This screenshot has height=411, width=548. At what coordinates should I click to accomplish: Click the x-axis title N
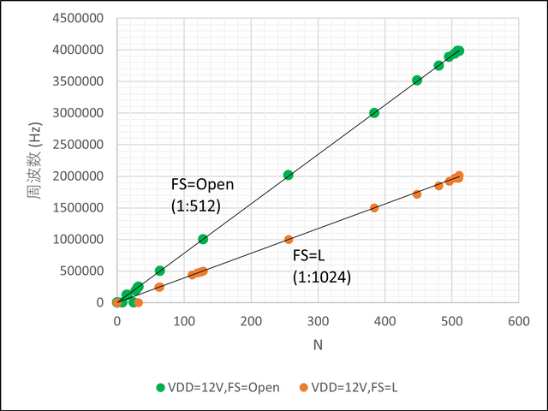click(x=318, y=344)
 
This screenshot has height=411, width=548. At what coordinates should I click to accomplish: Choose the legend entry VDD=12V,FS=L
click(x=350, y=388)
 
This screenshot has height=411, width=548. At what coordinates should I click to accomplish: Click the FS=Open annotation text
click(x=202, y=185)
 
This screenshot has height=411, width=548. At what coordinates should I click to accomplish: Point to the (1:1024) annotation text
click(x=321, y=277)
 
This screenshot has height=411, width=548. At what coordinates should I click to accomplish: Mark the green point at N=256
click(x=289, y=175)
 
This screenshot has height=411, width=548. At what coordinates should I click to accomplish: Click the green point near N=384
click(x=374, y=113)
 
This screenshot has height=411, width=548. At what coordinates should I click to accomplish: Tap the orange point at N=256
click(x=289, y=240)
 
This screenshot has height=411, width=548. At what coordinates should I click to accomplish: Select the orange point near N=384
click(x=374, y=208)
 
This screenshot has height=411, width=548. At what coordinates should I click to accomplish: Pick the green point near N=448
click(x=417, y=80)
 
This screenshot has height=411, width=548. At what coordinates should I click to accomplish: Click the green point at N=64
click(x=160, y=271)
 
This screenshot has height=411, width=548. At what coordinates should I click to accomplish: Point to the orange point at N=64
click(x=160, y=287)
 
